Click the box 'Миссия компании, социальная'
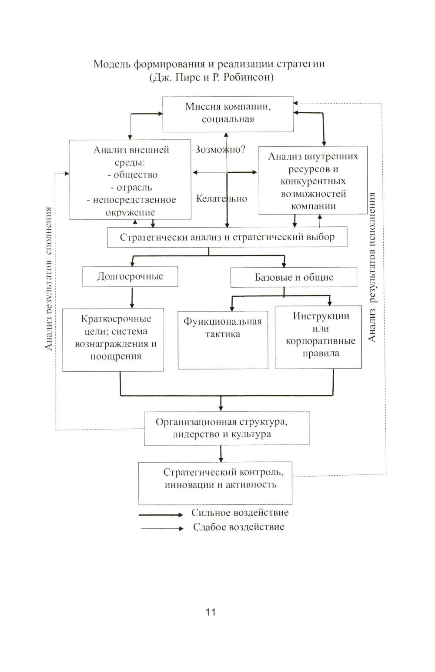pyautogui.click(x=228, y=114)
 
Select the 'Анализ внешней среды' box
pyautogui.click(x=130, y=180)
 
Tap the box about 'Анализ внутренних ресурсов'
pyautogui.click(x=313, y=180)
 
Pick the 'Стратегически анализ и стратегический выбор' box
pyautogui.click(x=227, y=237)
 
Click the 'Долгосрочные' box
pyautogui.click(x=130, y=277)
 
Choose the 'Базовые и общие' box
pyautogui.click(x=294, y=278)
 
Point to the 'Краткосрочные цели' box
pyautogui.click(x=113, y=339)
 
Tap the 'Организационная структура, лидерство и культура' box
pyautogui.click(x=227, y=428)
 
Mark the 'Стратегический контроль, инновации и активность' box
pyautogui.click(x=215, y=483)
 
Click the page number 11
pyautogui.click(x=211, y=612)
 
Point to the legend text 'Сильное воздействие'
pyautogui.click(x=240, y=513)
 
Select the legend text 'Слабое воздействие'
pyautogui.click(x=238, y=527)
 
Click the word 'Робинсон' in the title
pyautogui.click(x=248, y=78)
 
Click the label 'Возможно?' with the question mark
pyautogui.click(x=221, y=150)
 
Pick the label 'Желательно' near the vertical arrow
pyautogui.click(x=222, y=199)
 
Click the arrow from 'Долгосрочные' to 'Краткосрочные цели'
pyautogui.click(x=132, y=297)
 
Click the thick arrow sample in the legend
pyautogui.click(x=161, y=515)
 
